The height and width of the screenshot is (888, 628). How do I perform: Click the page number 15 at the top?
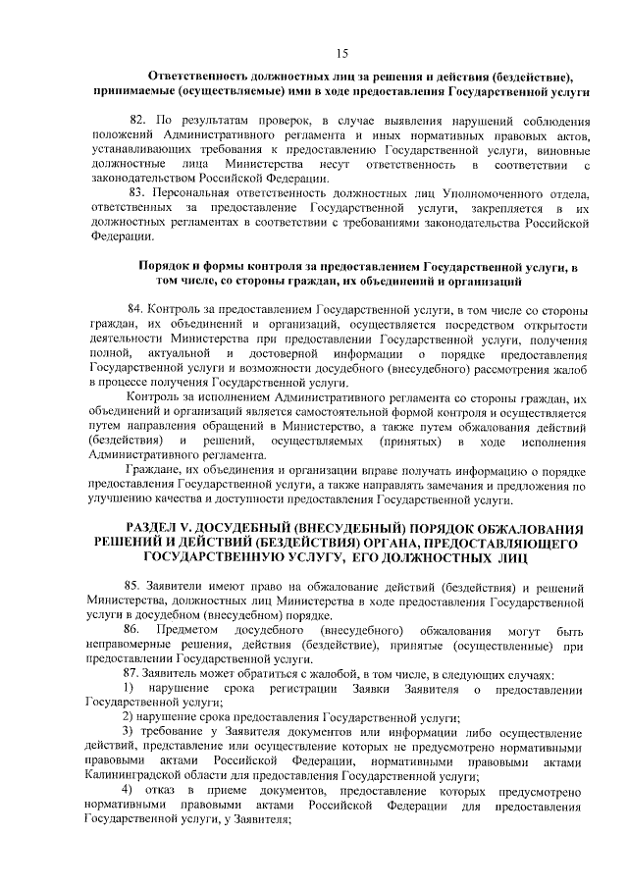(x=341, y=53)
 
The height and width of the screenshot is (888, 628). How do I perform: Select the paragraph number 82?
(x=138, y=118)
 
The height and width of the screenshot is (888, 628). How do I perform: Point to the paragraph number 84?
(x=138, y=308)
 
